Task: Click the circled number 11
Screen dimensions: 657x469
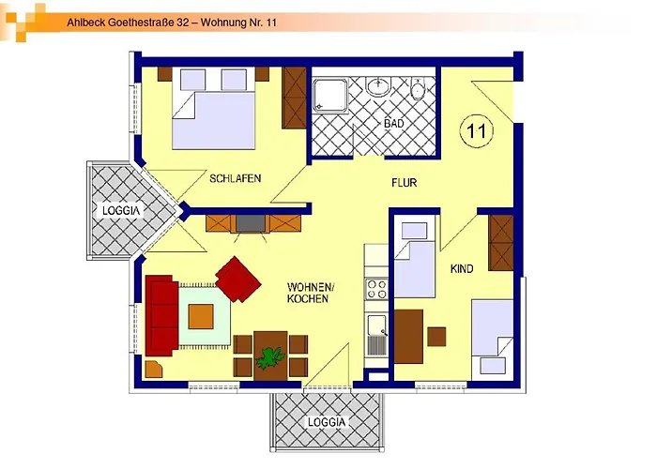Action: tap(477, 130)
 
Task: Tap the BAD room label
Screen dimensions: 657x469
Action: tap(394, 124)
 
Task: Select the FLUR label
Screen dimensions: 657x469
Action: tap(404, 183)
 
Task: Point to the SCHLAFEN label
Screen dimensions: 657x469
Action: tap(235, 178)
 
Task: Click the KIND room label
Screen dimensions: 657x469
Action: tap(462, 269)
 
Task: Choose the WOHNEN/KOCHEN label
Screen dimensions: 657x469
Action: tap(309, 293)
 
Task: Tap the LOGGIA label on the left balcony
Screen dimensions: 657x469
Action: tap(121, 210)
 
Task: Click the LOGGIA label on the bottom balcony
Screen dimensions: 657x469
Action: tap(327, 422)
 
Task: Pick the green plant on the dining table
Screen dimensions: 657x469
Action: tap(269, 358)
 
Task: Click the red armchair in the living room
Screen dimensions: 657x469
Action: tap(238, 279)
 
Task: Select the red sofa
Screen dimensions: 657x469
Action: tap(161, 315)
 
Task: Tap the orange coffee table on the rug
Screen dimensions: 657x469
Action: tap(201, 317)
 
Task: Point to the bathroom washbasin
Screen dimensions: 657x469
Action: tap(379, 86)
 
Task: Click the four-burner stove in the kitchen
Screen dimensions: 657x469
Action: tap(376, 289)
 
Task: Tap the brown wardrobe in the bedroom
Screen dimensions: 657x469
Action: tap(294, 98)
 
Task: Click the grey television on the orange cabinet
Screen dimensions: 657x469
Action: tap(251, 223)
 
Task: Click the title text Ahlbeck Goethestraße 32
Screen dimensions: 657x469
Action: tap(128, 23)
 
